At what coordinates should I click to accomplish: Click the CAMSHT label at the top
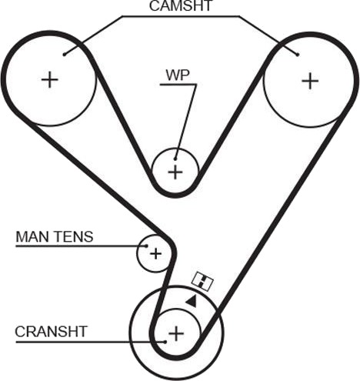click(181, 5)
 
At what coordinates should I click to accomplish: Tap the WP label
click(178, 75)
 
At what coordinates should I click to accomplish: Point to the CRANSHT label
click(52, 332)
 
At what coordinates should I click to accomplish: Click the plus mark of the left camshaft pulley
click(50, 79)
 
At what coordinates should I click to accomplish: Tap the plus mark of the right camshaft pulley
click(310, 81)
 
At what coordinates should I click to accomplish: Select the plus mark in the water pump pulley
click(175, 172)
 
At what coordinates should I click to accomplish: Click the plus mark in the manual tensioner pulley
click(155, 254)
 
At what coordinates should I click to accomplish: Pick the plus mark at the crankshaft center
click(176, 334)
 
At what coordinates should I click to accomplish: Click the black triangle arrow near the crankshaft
click(192, 301)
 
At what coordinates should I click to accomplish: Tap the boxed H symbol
click(202, 281)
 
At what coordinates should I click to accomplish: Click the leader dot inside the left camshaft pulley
click(65, 55)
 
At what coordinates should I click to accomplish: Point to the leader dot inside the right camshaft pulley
click(298, 55)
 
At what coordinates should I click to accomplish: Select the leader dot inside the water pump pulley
click(175, 159)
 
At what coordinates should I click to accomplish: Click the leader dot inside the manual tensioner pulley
click(146, 246)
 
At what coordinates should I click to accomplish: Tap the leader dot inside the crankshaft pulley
click(165, 342)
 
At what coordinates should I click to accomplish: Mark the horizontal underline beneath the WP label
click(178, 85)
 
